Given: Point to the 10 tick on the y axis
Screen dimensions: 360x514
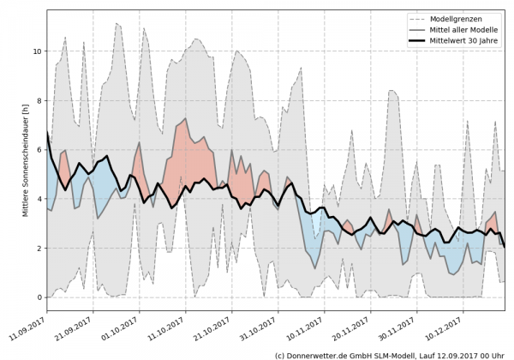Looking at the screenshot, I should (36, 51).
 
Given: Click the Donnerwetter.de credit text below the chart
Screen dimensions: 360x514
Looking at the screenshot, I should (389, 354).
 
